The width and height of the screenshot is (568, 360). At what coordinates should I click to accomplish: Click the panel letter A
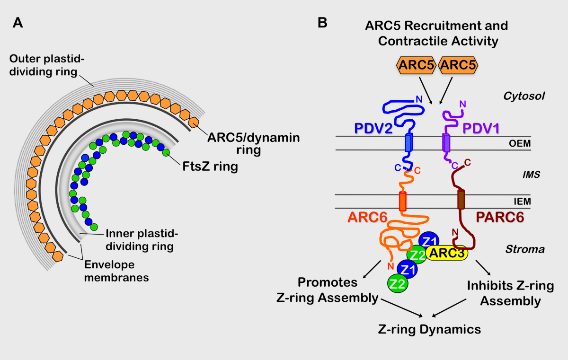tap(18, 22)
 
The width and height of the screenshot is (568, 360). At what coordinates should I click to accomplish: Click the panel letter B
tap(322, 22)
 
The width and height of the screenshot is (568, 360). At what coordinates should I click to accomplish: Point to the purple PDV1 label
tap(482, 129)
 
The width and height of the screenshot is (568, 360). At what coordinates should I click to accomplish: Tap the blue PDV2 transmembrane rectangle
tap(408, 143)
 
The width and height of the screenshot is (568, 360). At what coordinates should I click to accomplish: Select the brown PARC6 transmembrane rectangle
tap(461, 200)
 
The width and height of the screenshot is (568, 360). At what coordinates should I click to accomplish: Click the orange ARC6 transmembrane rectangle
tap(403, 201)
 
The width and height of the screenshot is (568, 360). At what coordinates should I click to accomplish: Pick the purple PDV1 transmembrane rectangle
tap(446, 143)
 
